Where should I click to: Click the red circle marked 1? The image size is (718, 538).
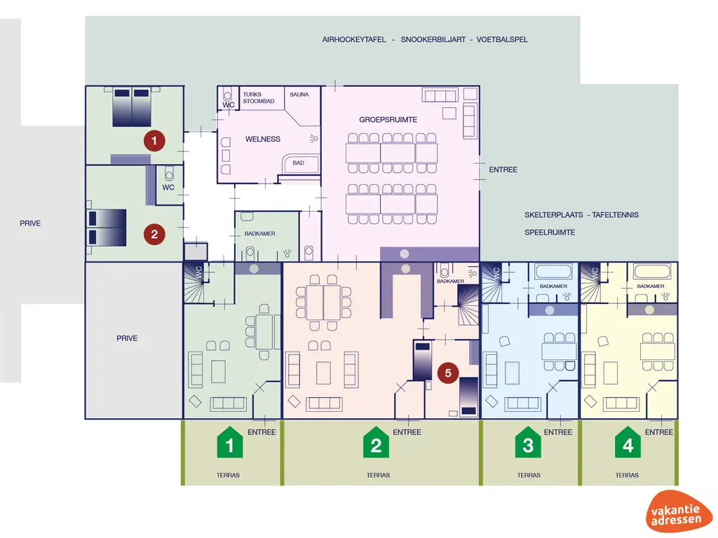click(154, 141)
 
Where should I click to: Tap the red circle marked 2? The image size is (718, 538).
click(154, 234)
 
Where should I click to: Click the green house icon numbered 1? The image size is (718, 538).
click(229, 442)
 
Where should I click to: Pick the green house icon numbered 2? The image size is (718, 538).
click(376, 442)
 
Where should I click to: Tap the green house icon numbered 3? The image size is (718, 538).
click(528, 442)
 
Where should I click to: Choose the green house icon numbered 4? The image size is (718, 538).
click(628, 442)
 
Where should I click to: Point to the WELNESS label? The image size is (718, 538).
click(263, 139)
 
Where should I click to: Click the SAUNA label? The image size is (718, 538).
click(299, 94)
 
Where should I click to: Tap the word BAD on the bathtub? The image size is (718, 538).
click(299, 163)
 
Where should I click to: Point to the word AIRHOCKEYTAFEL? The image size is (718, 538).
click(354, 40)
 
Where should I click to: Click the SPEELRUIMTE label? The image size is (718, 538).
click(550, 232)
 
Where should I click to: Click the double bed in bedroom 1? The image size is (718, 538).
click(133, 107)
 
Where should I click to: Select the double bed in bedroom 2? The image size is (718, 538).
click(107, 228)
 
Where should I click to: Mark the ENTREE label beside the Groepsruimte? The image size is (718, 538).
click(503, 170)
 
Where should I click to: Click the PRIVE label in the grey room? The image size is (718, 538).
click(127, 338)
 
